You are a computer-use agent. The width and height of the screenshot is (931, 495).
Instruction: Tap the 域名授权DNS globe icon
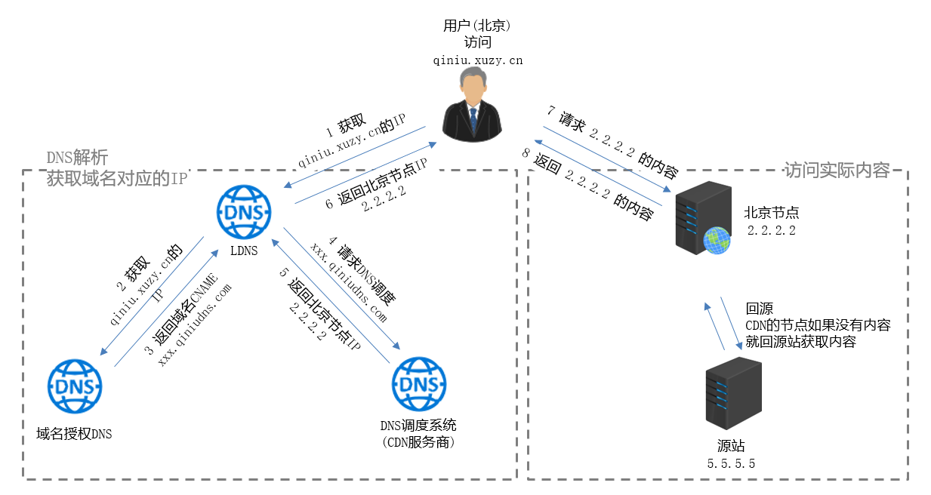click(75, 386)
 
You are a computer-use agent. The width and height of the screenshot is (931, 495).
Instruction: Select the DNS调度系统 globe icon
click(418, 383)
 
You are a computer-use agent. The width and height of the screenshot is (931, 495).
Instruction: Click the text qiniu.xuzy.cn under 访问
click(478, 61)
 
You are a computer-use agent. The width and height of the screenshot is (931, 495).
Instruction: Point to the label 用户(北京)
click(477, 26)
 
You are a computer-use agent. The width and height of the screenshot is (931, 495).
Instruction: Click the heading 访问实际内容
click(837, 170)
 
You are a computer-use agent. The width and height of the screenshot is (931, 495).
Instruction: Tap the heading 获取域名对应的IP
click(116, 178)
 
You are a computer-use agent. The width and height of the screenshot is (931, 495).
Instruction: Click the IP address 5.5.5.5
click(731, 463)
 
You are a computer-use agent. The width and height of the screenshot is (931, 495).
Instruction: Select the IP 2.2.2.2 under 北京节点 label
click(771, 231)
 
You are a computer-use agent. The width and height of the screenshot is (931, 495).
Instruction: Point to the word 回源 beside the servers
click(759, 309)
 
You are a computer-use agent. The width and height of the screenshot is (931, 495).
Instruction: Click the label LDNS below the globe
click(244, 249)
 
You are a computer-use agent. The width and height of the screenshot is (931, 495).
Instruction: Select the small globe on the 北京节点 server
click(717, 241)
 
